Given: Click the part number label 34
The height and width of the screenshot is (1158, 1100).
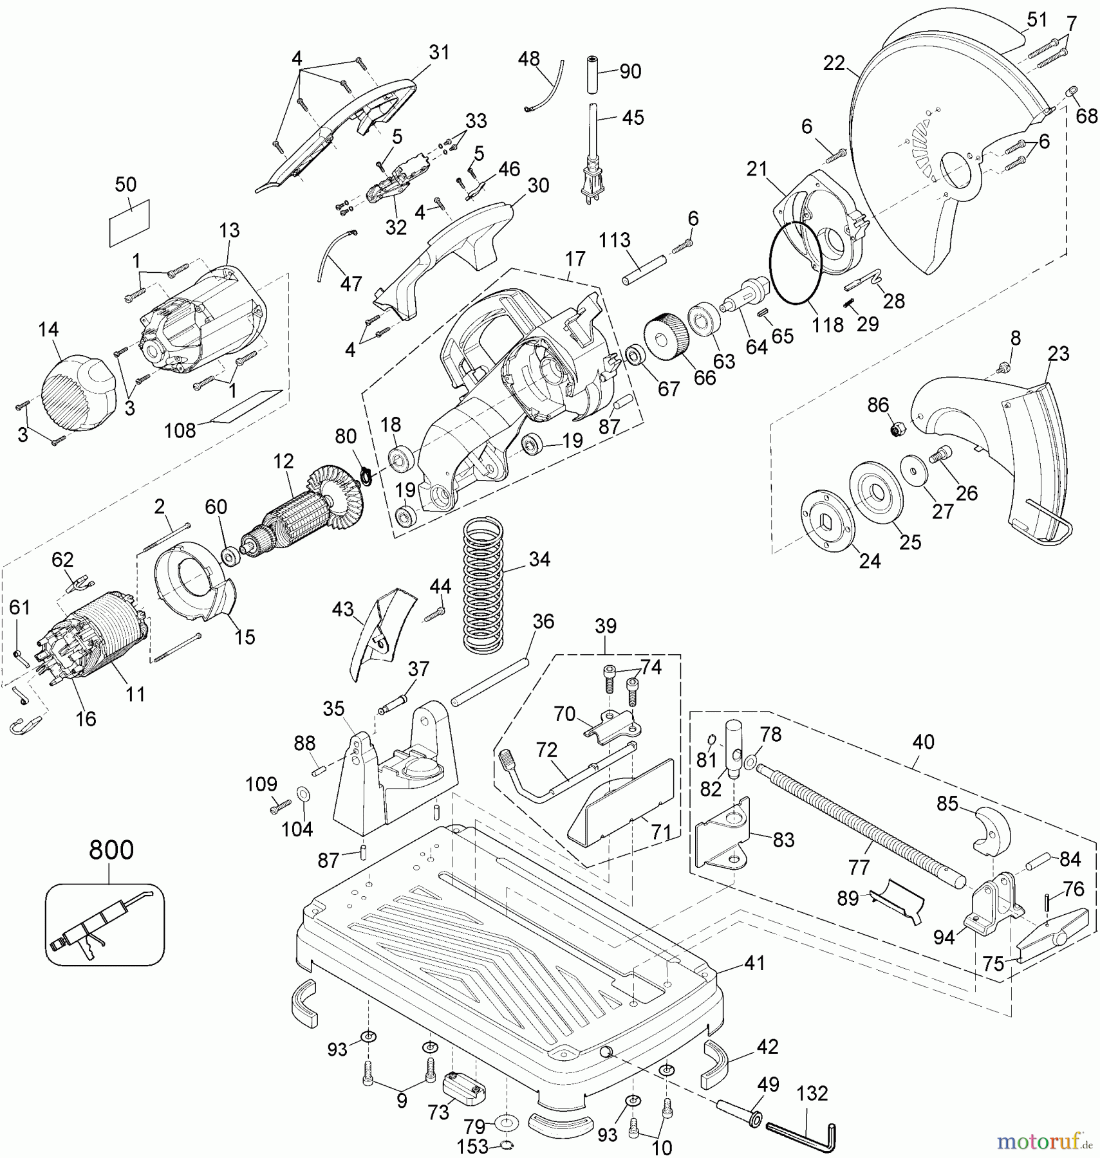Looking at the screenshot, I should (539, 559).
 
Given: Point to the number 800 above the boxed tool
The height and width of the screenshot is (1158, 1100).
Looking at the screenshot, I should (111, 850).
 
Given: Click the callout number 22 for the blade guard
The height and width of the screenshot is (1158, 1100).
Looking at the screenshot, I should (834, 63).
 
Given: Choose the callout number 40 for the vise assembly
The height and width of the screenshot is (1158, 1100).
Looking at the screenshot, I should (923, 742).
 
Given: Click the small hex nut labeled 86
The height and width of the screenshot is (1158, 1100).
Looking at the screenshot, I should (895, 429).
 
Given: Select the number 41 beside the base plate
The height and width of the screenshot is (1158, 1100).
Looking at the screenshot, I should (754, 963).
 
